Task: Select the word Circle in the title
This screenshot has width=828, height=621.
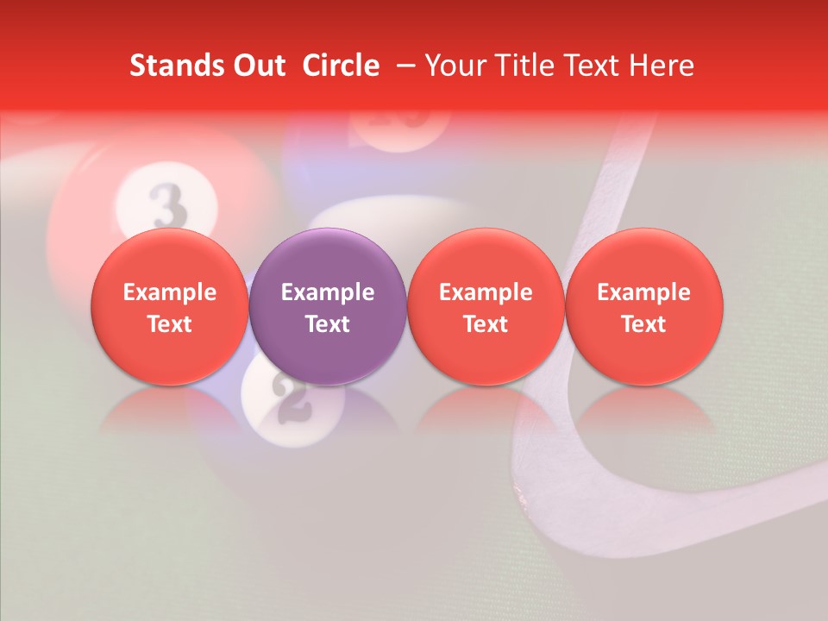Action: click(x=341, y=66)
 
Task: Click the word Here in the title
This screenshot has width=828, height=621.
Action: click(x=661, y=66)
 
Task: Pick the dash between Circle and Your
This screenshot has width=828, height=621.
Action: click(x=403, y=66)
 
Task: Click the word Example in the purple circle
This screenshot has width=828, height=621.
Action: click(x=328, y=292)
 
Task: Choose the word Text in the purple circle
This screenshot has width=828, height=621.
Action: click(x=328, y=324)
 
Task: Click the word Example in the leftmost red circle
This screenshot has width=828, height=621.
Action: click(x=170, y=292)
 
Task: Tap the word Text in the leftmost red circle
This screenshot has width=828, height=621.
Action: click(x=170, y=324)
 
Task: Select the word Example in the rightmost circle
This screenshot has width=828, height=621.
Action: click(x=644, y=292)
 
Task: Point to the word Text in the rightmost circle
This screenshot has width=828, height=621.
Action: click(x=644, y=324)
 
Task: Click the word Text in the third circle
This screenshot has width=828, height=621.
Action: click(x=486, y=324)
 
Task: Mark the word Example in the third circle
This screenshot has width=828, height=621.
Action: click(x=486, y=292)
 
